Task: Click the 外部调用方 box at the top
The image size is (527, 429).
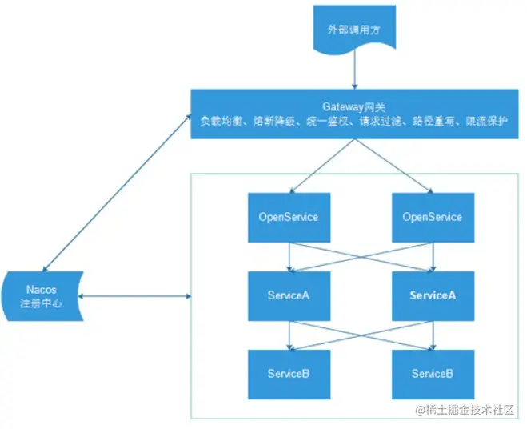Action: click(354, 29)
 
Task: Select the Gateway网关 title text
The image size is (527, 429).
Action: click(354, 107)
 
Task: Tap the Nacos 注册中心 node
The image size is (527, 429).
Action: click(42, 296)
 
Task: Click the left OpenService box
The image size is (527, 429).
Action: click(289, 218)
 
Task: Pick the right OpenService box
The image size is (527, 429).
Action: click(433, 218)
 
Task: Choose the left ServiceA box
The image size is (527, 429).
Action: click(289, 296)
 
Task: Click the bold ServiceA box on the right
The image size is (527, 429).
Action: click(433, 296)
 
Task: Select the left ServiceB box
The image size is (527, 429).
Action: click(289, 375)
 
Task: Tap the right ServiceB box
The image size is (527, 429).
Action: click(433, 375)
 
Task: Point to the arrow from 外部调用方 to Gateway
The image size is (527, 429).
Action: click(354, 70)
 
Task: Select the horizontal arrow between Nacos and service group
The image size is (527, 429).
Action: click(134, 296)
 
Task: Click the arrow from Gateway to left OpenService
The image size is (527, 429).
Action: click(322, 166)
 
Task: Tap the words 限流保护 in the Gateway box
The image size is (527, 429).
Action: click(487, 121)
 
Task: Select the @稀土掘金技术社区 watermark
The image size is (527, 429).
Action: click(465, 410)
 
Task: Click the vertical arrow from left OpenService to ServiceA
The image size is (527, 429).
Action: click(289, 257)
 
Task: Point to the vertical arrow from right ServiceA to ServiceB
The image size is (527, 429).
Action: click(433, 335)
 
